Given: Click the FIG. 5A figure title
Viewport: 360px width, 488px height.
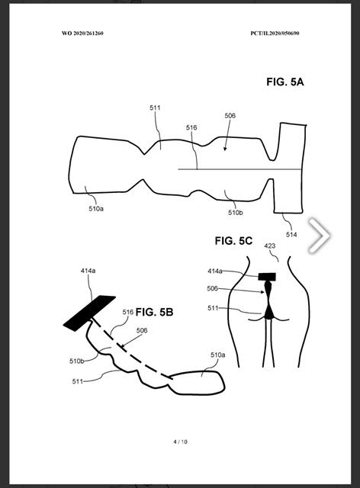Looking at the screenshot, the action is [x=285, y=82].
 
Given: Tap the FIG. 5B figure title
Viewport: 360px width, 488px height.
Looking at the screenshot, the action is [x=154, y=312].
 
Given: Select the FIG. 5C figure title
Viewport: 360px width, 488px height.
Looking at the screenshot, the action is [x=233, y=241].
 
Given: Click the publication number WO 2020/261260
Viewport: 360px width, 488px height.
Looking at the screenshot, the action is [x=82, y=34].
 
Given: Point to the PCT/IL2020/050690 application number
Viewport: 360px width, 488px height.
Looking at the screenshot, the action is [x=275, y=34].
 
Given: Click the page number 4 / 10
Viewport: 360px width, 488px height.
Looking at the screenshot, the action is [x=181, y=441].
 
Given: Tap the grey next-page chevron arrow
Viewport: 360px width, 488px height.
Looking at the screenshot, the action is [x=320, y=236].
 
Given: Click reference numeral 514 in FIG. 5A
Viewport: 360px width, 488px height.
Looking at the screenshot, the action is [x=291, y=235].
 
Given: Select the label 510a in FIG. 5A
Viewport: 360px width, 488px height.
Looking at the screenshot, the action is [x=96, y=208].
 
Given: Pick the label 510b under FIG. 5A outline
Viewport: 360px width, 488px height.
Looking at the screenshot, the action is [x=236, y=213].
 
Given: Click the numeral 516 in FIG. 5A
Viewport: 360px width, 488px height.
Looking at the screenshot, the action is [x=191, y=127].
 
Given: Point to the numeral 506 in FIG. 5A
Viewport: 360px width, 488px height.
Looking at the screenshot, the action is [x=230, y=116].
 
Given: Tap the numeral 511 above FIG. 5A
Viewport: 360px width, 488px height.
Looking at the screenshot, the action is [x=155, y=108].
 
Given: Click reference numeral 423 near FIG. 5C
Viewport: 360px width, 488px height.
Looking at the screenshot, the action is [x=270, y=246].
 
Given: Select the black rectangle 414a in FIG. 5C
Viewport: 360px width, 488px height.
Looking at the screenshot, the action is [x=267, y=277].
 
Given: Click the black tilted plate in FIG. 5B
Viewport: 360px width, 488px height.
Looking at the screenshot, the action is [x=89, y=313].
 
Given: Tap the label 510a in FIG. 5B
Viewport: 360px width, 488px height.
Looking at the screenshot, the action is [x=218, y=355].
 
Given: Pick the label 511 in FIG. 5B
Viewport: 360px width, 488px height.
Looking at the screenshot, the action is [x=78, y=381].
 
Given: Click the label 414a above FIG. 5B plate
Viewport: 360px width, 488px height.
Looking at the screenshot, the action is [x=88, y=271].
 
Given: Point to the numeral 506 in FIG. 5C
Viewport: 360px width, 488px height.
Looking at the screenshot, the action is [x=212, y=288].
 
